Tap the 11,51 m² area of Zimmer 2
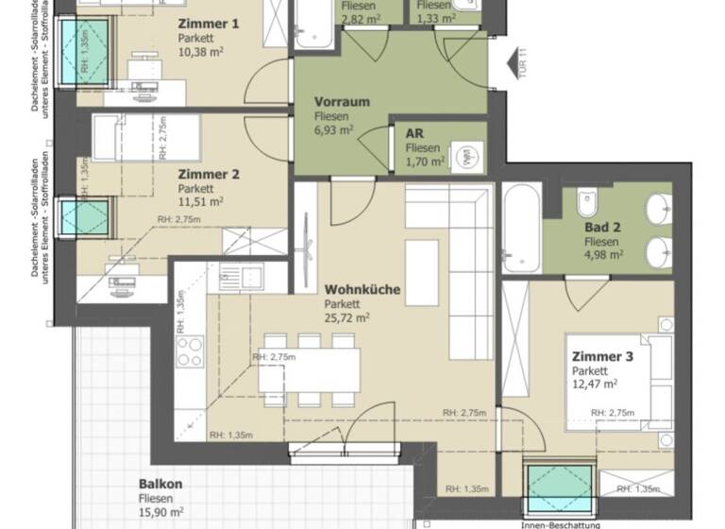[200, 201]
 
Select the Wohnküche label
[362, 290]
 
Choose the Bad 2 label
[602, 228]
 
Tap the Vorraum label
[342, 101]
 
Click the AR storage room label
[413, 134]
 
